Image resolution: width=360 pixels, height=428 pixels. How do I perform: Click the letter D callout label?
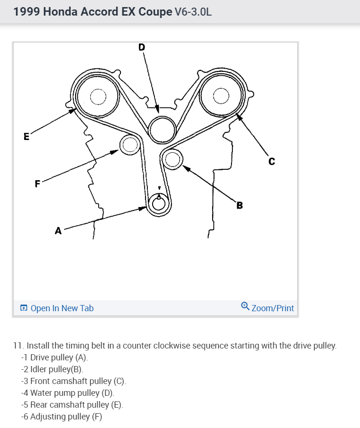tap(142, 47)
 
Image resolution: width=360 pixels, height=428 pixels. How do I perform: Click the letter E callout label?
tap(26, 137)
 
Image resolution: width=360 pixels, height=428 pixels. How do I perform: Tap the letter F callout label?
tap(37, 183)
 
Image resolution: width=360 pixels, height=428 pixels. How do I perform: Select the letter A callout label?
tap(58, 231)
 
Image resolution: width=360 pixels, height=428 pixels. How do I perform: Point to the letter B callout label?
tap(240, 205)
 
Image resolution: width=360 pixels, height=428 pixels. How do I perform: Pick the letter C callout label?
tap(271, 162)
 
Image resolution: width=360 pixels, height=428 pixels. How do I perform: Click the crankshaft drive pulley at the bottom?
tap(158, 204)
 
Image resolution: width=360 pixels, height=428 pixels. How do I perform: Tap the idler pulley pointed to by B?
tap(172, 159)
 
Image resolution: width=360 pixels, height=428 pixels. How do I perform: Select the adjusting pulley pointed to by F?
tap(129, 145)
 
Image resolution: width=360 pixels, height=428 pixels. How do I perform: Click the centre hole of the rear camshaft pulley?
tap(98, 97)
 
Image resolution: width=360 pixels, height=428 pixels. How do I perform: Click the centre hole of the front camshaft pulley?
tap(220, 96)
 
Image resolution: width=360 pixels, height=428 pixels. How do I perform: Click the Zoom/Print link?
tap(273, 308)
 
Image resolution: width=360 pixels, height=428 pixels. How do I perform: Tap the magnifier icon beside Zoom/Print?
tap(245, 306)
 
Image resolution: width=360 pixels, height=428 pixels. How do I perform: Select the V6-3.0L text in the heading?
tap(193, 12)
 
